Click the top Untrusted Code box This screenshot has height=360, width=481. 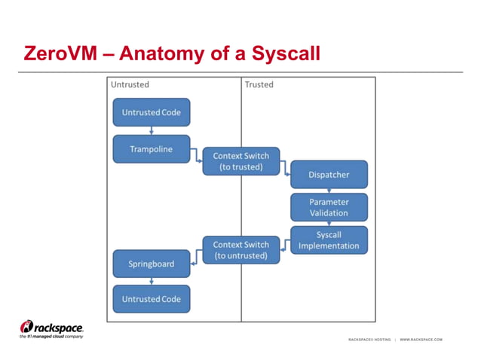click(152, 112)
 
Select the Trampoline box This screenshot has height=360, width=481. click(152, 149)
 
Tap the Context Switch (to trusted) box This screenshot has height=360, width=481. click(241, 161)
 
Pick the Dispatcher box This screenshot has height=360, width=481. click(329, 175)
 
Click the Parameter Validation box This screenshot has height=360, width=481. click(329, 207)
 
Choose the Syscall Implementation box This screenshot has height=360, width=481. click(329, 240)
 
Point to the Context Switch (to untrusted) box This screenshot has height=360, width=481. click(241, 249)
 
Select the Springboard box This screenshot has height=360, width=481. click(152, 264)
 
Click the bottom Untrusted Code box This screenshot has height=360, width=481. click(152, 299)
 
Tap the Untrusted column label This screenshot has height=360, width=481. click(130, 84)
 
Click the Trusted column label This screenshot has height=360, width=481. click(259, 84)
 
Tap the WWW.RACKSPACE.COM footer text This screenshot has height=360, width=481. click(421, 340)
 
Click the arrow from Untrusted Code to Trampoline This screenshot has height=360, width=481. click(152, 130)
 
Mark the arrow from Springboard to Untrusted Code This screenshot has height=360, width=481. click(152, 281)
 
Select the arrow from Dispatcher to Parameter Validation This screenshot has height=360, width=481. click(329, 191)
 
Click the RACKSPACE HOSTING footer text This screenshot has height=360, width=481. click(369, 340)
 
